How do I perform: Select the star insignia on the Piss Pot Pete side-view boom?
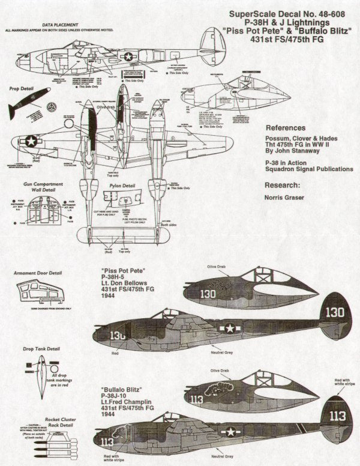pyautogui.click(x=229, y=328)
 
